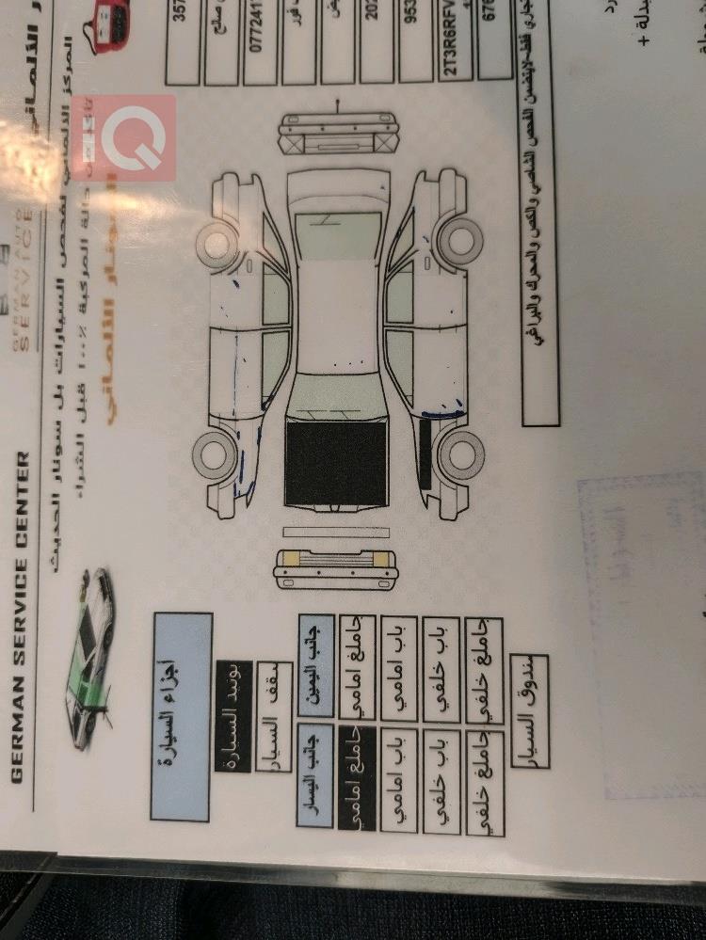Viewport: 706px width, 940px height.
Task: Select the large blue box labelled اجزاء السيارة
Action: coord(181,716)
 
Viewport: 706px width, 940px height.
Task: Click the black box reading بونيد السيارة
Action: coord(233,695)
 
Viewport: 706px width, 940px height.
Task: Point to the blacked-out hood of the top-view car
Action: coord(335,463)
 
